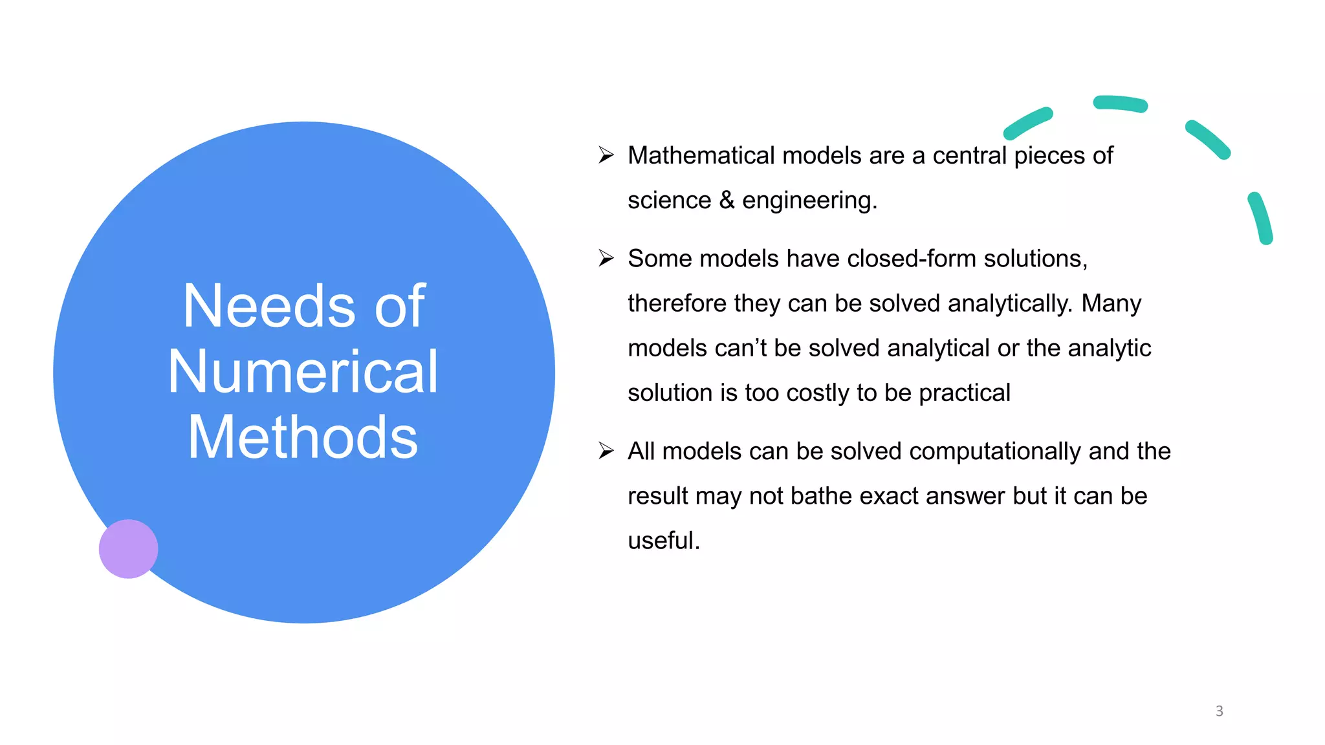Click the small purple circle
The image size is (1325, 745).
pos(128,548)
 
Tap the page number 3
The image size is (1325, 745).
pos(1219,711)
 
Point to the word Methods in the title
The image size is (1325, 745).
pos(303,437)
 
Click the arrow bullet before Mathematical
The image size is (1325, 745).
pos(606,155)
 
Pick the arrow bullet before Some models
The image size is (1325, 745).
pos(606,258)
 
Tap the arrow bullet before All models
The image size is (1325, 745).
pos(606,450)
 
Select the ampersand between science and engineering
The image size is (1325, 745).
pos(727,200)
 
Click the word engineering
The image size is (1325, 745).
pos(809,201)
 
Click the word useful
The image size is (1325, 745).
pos(663,540)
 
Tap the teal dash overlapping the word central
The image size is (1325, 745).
pos(1027,124)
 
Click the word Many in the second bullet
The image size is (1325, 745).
pos(1111,303)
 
